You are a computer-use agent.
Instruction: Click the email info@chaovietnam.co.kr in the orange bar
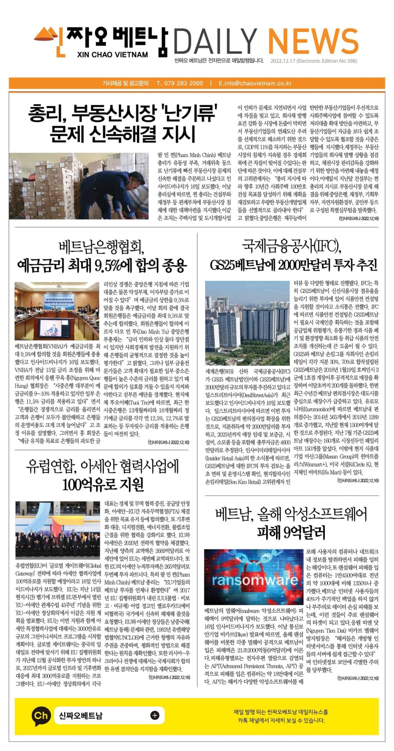coord(255,83)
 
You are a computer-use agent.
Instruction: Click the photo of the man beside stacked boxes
coord(79,186)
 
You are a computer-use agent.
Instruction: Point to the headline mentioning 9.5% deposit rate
coord(102,266)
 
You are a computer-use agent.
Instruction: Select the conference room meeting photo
coord(57,311)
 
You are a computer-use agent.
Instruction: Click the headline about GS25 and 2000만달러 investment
coord(294,265)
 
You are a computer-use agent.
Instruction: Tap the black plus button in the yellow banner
coord(155,715)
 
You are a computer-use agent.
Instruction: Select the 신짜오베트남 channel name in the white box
coord(81,716)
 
